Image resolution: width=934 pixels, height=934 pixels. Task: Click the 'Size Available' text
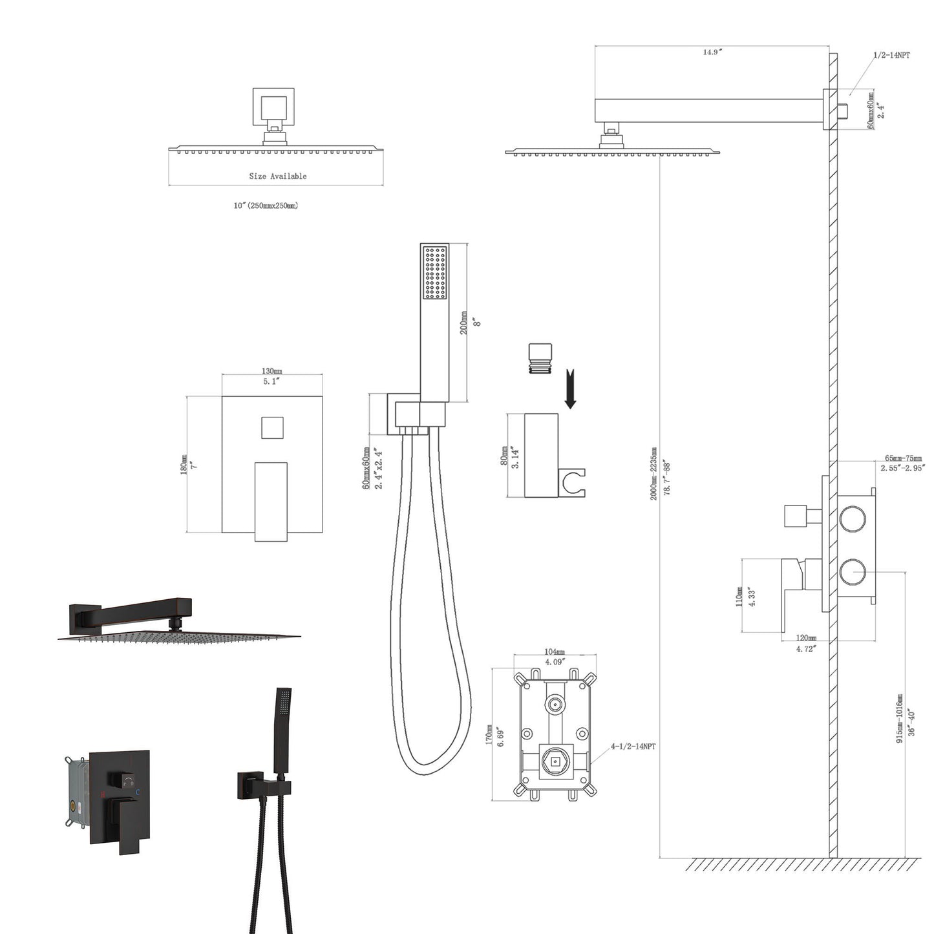pos(278,176)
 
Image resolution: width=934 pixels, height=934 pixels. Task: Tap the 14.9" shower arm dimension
pos(712,52)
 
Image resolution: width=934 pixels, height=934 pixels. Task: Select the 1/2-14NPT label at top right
pos(891,56)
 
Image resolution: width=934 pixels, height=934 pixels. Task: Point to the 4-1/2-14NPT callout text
pos(633,747)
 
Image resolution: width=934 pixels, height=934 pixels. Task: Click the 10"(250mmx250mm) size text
pos(266,206)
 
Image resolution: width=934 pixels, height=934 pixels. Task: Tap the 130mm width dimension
pos(271,371)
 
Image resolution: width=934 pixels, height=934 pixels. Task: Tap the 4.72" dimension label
pos(806,648)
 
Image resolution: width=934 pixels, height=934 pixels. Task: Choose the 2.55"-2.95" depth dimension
pos(902,467)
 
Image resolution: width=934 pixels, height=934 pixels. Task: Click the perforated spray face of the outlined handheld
pos(434,272)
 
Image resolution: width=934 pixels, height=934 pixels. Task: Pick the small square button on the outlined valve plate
pos(271,428)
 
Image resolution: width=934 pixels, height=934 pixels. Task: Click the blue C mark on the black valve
pos(137,791)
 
